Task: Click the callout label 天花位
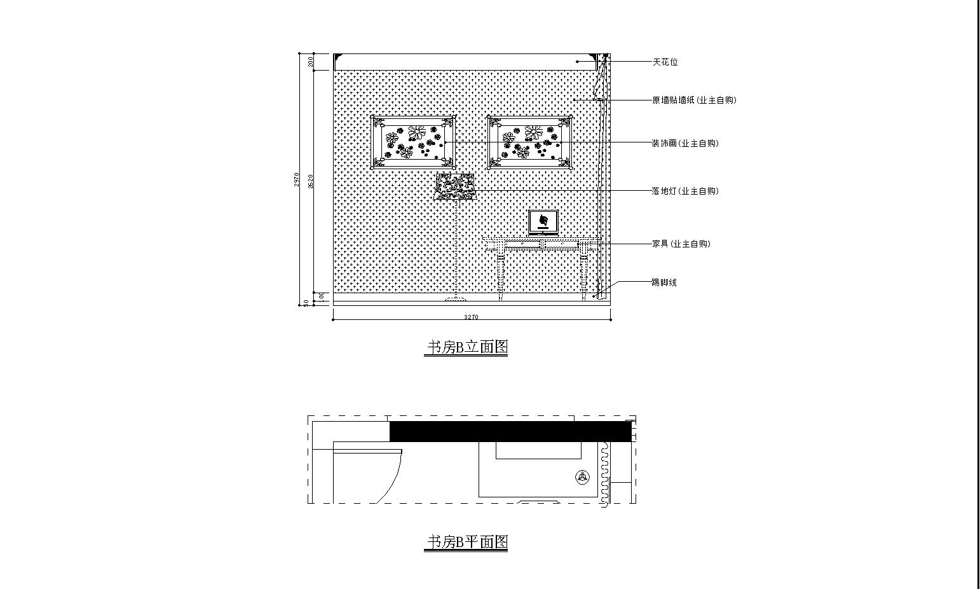(x=665, y=62)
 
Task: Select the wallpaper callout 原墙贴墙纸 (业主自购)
(x=694, y=100)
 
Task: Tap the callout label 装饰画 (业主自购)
(x=685, y=144)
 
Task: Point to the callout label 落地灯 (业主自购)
(x=685, y=191)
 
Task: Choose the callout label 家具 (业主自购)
(x=681, y=244)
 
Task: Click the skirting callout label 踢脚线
(x=664, y=282)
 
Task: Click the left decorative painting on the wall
(x=414, y=142)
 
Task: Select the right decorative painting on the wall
(x=529, y=142)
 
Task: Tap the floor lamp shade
(x=455, y=186)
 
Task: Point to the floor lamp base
(x=456, y=298)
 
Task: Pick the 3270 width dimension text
(x=471, y=317)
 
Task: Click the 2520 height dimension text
(x=311, y=181)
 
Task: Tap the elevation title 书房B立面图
(x=466, y=347)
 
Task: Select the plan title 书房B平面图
(x=466, y=542)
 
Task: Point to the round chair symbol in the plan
(x=582, y=476)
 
